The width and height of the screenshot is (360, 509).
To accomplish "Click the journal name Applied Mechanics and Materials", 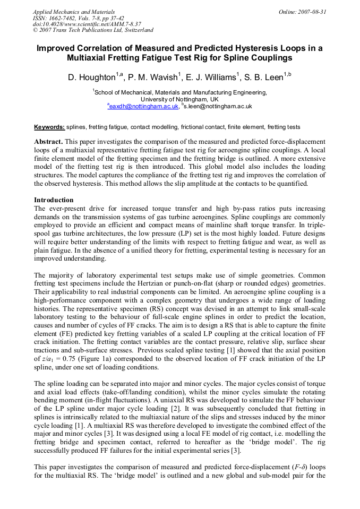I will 74,11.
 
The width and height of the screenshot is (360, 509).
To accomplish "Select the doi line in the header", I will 80,24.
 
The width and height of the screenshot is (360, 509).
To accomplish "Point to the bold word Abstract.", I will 49,142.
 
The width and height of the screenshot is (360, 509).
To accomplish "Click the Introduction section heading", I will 54,200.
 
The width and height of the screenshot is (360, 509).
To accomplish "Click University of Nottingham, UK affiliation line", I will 179,99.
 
